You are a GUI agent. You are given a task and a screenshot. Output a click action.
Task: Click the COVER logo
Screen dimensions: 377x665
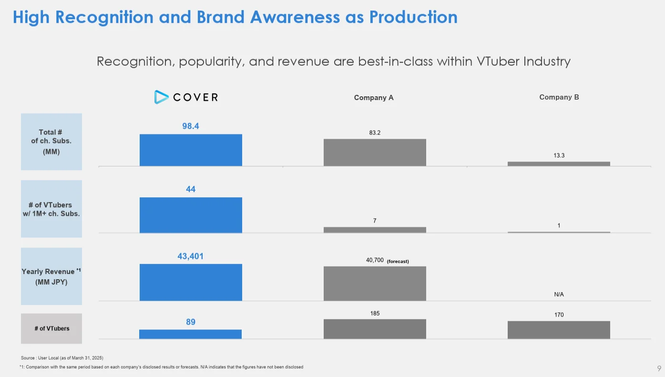coord(186,97)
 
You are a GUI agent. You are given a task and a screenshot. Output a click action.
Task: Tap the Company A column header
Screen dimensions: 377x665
coord(374,98)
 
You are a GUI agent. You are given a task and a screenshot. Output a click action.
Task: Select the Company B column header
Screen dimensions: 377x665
coord(559,97)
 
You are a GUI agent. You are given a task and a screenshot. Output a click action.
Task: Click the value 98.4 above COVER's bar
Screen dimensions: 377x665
coord(191,126)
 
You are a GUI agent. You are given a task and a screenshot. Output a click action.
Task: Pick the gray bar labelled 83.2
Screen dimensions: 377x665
coord(375,153)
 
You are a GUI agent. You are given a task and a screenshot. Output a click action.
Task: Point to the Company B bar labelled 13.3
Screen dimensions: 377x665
coord(559,163)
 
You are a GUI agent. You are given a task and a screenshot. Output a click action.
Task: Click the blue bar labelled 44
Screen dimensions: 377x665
coord(191,215)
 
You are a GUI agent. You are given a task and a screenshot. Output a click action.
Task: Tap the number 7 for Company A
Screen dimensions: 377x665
coord(375,221)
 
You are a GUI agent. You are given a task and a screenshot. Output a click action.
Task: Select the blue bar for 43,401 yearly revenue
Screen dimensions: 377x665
coord(191,282)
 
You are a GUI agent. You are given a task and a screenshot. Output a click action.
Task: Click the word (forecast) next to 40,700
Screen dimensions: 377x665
coord(398,261)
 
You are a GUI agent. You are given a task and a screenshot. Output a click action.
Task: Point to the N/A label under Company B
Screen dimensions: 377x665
coord(559,295)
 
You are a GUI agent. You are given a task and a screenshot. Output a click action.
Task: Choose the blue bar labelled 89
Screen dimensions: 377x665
coord(190,334)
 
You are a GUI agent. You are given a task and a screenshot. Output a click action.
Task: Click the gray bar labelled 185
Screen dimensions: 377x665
coord(375,329)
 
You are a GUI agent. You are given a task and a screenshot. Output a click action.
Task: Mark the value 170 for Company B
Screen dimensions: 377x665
coord(559,315)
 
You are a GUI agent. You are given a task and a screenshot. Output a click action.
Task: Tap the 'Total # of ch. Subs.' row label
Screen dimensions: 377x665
coord(51,142)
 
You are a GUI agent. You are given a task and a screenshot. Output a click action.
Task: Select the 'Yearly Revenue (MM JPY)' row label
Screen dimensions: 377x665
coord(51,276)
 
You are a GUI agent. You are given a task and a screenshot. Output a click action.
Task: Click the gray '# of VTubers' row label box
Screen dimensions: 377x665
coord(51,328)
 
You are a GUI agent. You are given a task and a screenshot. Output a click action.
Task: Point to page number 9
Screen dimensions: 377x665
coord(659,368)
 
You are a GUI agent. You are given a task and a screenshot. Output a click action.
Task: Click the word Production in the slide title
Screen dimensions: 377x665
coord(413,17)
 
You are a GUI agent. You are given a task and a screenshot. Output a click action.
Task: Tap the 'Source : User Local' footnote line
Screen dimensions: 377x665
coord(62,357)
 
